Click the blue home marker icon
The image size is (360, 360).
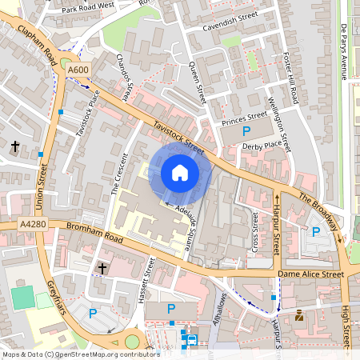tap(179, 173)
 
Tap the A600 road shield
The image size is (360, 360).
tap(78, 70)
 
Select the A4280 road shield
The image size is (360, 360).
tap(14, 225)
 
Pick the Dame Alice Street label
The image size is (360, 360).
tap(310, 274)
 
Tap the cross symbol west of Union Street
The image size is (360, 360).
tap(15, 146)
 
